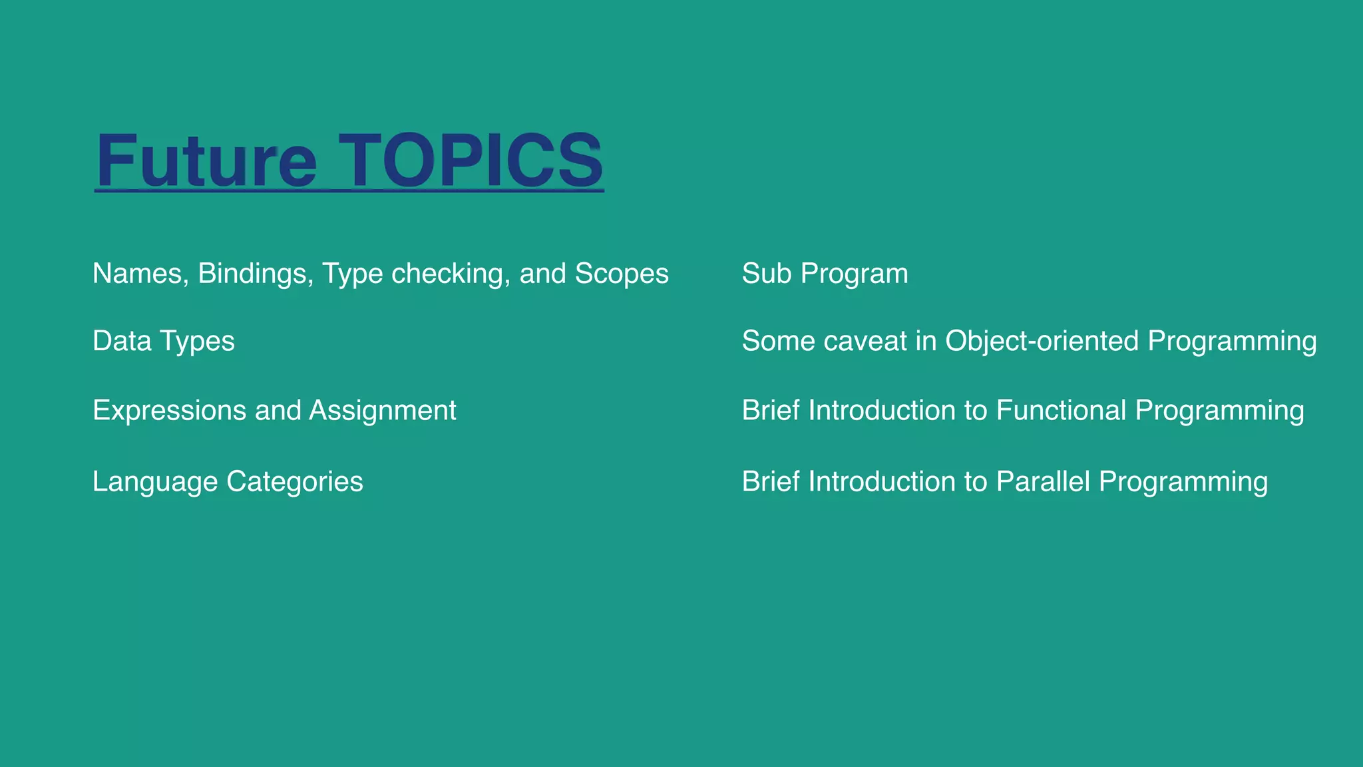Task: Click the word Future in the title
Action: tap(206, 161)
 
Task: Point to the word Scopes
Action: tap(622, 274)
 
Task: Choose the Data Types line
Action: tap(164, 341)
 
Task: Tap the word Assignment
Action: tap(383, 411)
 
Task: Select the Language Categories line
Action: tap(228, 481)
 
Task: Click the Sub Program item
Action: tap(825, 274)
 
